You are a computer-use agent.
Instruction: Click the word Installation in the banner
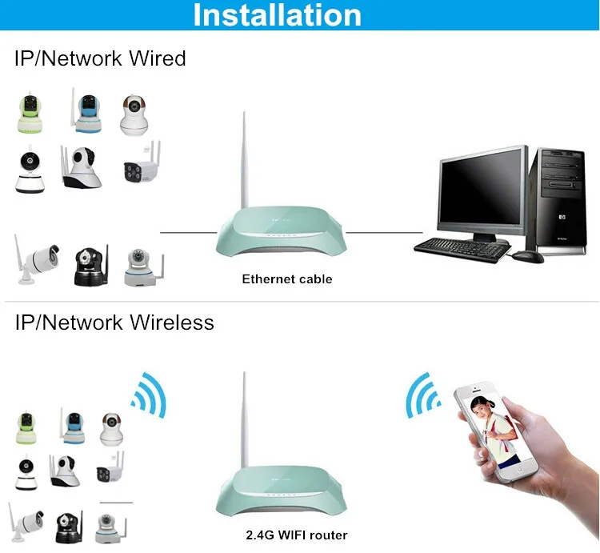(x=278, y=15)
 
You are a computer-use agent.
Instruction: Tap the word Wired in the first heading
(x=158, y=58)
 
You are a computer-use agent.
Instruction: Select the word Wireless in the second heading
(x=172, y=323)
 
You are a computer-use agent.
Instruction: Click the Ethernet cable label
(x=287, y=279)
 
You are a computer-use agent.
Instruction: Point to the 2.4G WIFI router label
(x=297, y=535)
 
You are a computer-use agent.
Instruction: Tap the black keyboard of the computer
(x=462, y=249)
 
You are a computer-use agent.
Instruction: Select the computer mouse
(x=528, y=256)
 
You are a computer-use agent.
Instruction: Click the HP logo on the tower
(x=562, y=218)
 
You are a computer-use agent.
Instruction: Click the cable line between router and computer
(x=384, y=232)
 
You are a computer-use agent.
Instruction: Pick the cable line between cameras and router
(x=188, y=232)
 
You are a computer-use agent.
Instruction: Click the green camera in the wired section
(x=30, y=112)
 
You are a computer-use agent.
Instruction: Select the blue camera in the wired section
(x=86, y=110)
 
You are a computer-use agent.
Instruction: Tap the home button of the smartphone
(x=520, y=470)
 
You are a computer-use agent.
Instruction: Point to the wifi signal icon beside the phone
(x=422, y=395)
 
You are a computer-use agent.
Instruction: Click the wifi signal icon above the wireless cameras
(x=150, y=395)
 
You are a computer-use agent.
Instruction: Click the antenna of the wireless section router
(x=244, y=419)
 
